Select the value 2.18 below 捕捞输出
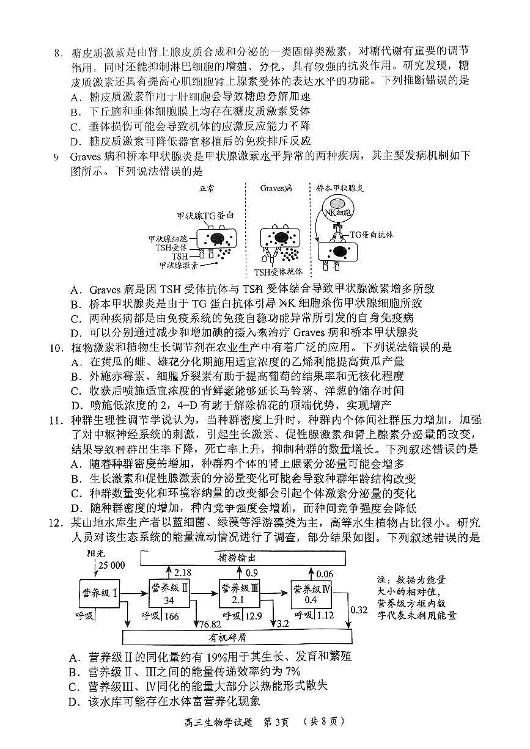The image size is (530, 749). pyautogui.click(x=183, y=573)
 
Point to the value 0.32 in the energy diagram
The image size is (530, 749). pyautogui.click(x=359, y=610)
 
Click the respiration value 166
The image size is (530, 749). pyautogui.click(x=172, y=616)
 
